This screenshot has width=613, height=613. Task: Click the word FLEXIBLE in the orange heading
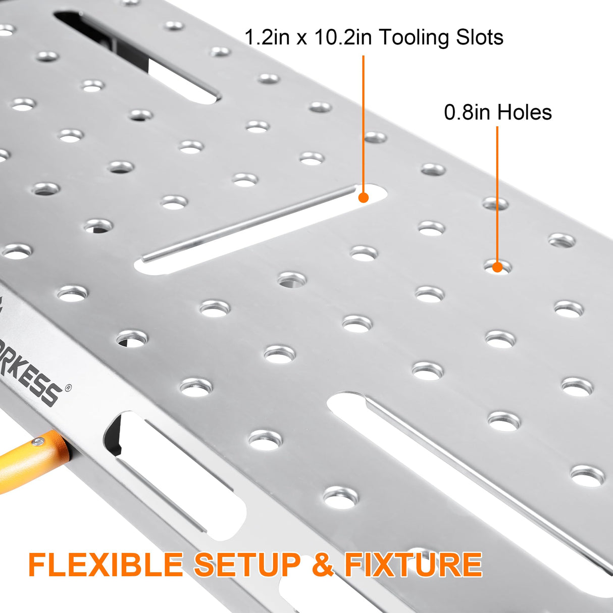pos(106,565)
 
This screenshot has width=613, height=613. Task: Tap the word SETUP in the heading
pos(247,565)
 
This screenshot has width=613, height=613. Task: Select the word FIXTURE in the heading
pos(413,565)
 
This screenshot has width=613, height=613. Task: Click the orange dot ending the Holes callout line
pos(497,267)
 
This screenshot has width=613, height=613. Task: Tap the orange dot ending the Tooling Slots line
pos(363,198)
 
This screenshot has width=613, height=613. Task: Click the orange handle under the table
pos(30,459)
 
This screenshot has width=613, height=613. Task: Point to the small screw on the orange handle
pos(36,442)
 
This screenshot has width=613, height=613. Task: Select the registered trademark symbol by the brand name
pos(68,388)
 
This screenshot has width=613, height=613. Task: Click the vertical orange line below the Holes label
pos(497,192)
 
